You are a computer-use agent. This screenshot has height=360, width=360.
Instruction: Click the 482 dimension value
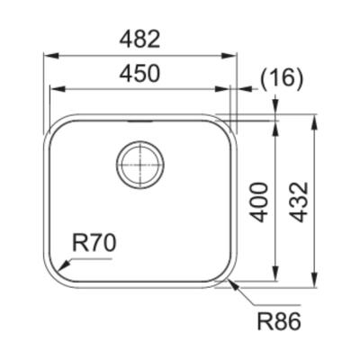tap(139, 40)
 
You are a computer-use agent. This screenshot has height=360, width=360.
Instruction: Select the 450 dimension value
tap(139, 74)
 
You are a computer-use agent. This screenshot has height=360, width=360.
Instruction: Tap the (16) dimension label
tap(282, 78)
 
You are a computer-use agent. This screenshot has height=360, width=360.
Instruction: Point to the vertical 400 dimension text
tap(259, 202)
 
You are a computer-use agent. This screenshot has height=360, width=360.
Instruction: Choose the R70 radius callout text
tap(94, 243)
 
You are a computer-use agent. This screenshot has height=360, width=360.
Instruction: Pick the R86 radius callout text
tap(279, 321)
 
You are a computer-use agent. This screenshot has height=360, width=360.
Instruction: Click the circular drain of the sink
tap(140, 165)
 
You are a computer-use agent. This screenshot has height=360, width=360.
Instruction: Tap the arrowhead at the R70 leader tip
tap(65, 265)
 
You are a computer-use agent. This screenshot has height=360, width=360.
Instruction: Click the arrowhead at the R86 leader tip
tap(233, 285)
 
